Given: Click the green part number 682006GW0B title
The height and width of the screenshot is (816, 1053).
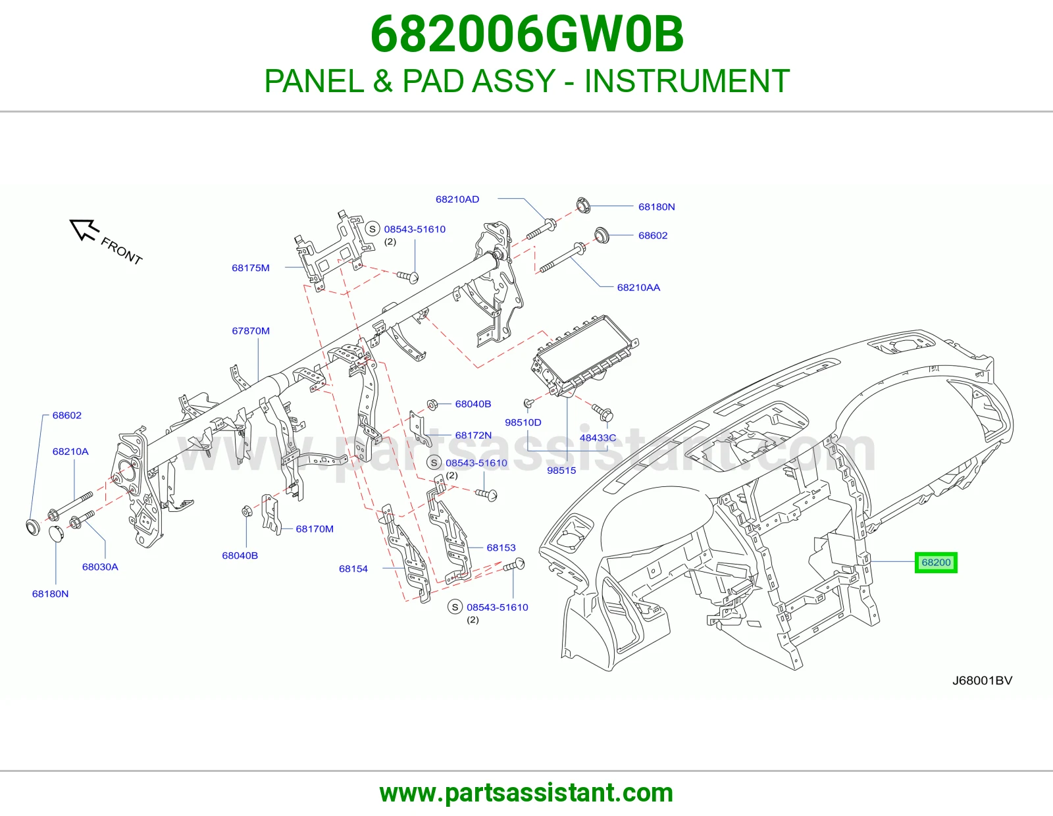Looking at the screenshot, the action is pyautogui.click(x=526, y=34).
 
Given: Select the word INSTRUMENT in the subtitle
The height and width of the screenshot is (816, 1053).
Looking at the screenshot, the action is pyautogui.click(x=686, y=81).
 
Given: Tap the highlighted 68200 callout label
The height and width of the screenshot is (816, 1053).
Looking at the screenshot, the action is pyautogui.click(x=936, y=563).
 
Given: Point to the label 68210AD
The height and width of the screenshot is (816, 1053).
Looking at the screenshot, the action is pyautogui.click(x=457, y=199).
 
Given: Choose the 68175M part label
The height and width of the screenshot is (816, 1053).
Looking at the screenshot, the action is pyautogui.click(x=251, y=268).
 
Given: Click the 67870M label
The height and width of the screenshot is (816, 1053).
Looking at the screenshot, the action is pyautogui.click(x=251, y=331).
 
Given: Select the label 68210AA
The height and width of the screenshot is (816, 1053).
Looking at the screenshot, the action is pyautogui.click(x=638, y=288).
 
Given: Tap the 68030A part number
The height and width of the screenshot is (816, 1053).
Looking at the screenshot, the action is pyautogui.click(x=100, y=567).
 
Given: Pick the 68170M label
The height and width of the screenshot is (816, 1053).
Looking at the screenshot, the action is pyautogui.click(x=315, y=528).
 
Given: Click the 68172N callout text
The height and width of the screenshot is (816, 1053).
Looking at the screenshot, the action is pyautogui.click(x=473, y=435).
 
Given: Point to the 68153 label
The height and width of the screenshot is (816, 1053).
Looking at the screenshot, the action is pyautogui.click(x=501, y=548).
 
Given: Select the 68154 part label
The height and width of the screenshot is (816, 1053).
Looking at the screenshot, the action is pyautogui.click(x=353, y=569).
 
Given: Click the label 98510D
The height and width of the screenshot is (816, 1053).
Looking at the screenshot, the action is pyautogui.click(x=523, y=422).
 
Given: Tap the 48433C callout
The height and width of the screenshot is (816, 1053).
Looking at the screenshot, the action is pyautogui.click(x=598, y=438).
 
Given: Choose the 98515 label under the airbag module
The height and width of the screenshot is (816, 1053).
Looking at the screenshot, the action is pyautogui.click(x=561, y=470).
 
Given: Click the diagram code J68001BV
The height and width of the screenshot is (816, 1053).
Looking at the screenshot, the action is pyautogui.click(x=982, y=680).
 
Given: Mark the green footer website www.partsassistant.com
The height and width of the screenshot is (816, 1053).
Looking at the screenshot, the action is pyautogui.click(x=526, y=793).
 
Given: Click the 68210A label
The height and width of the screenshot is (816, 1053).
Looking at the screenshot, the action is pyautogui.click(x=70, y=451).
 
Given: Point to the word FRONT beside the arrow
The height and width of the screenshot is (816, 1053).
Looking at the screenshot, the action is pyautogui.click(x=121, y=251).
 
